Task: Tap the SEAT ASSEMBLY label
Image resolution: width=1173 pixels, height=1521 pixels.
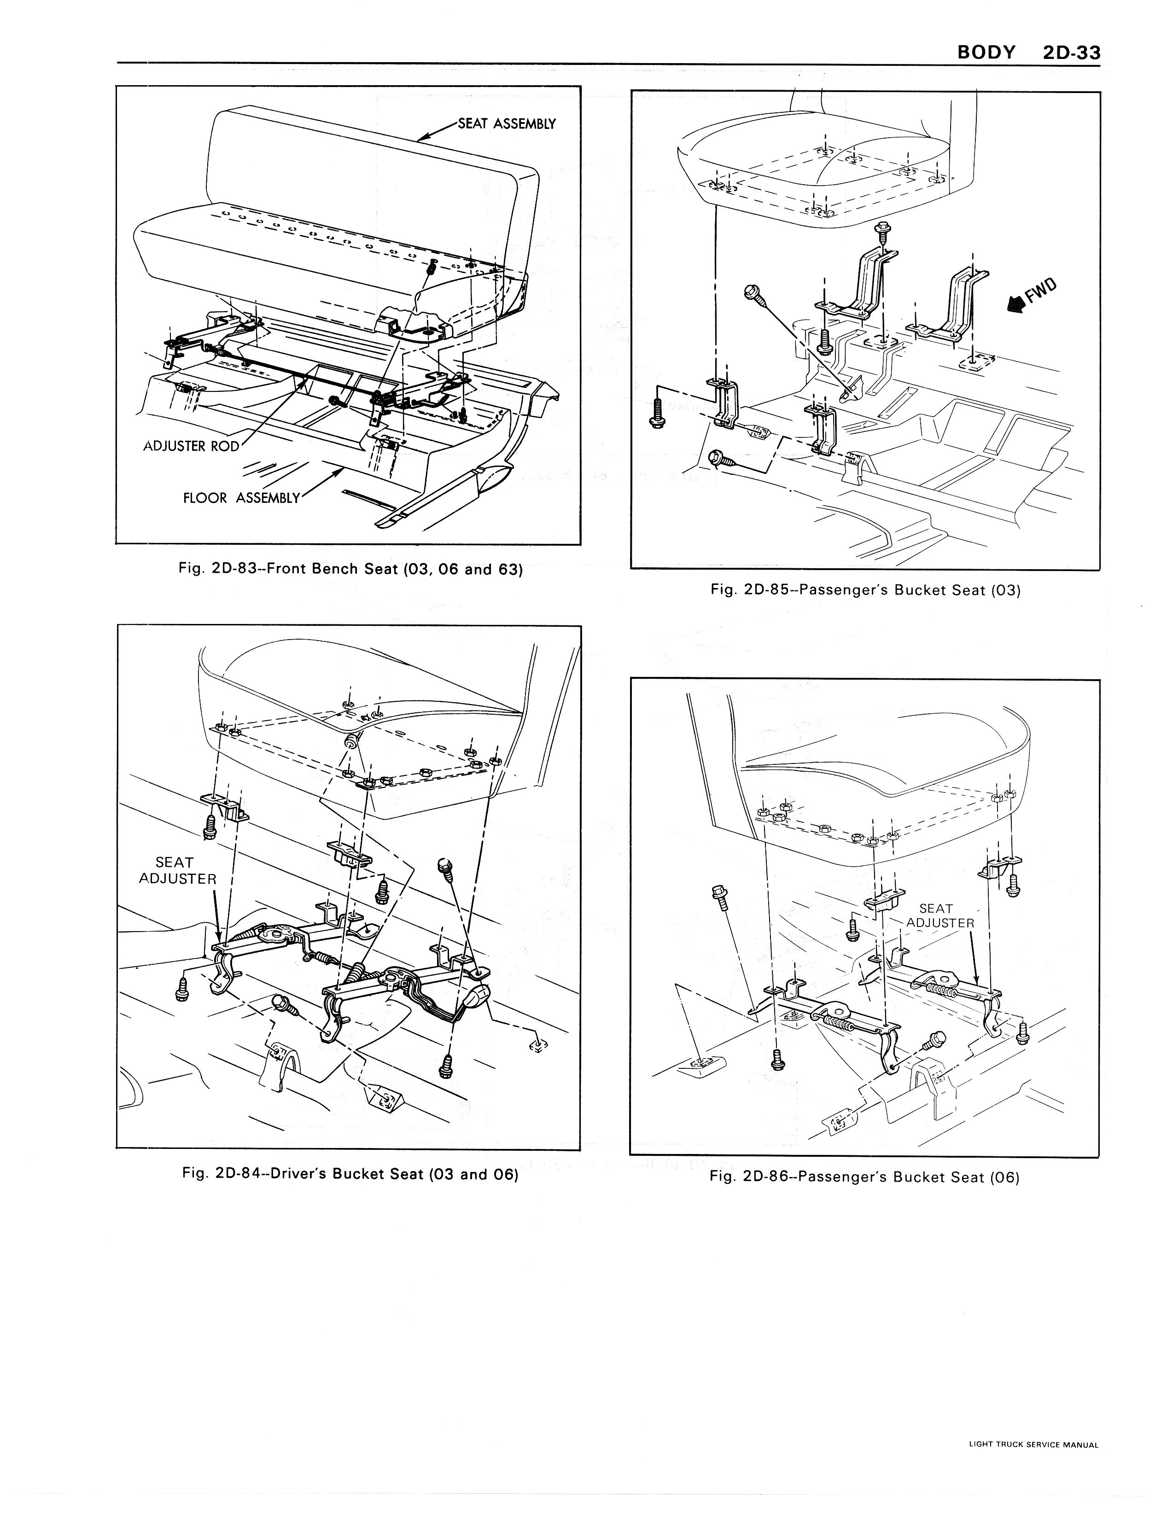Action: point(507,124)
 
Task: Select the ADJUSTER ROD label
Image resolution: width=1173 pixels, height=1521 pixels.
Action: point(191,446)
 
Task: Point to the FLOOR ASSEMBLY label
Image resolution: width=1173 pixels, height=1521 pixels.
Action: point(241,498)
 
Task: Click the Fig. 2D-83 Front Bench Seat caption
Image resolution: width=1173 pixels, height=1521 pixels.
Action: point(350,569)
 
